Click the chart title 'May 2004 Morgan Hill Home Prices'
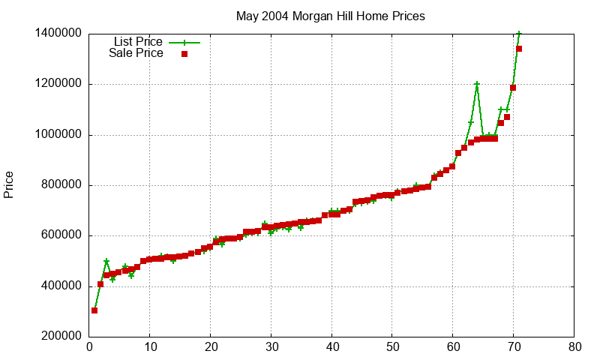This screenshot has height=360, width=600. click(x=331, y=16)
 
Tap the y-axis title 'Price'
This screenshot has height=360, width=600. click(x=9, y=184)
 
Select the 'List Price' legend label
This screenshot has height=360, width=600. click(x=138, y=42)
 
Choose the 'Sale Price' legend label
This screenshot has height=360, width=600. click(x=136, y=53)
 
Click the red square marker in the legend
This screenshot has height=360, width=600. click(x=184, y=53)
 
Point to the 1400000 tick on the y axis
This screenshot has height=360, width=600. click(x=58, y=34)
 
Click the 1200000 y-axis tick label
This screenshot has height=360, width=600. click(x=58, y=84)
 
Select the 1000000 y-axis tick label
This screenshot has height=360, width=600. click(x=58, y=135)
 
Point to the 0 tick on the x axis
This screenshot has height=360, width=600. click(x=89, y=347)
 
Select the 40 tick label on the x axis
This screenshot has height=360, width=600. click(x=331, y=347)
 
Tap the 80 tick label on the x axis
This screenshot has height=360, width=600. click(x=574, y=347)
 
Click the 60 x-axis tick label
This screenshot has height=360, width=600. click(x=453, y=347)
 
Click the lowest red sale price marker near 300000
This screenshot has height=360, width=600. click(x=94, y=310)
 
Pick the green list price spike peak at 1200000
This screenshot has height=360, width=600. click(x=477, y=84)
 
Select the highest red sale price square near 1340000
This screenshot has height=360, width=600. click(x=519, y=49)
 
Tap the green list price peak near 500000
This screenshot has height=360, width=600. click(x=106, y=261)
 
